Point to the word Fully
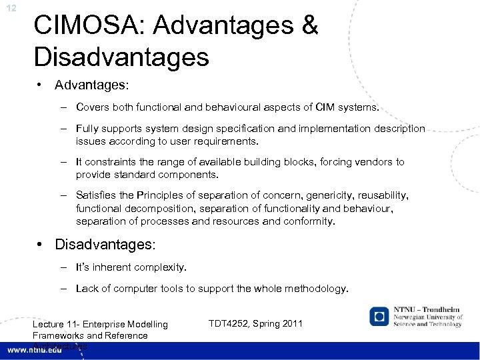tap(88, 128)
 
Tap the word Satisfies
tap(97, 195)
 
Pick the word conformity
tap(310, 221)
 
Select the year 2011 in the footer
tap(290, 323)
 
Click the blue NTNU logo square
tap(380, 317)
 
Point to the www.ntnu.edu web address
tap(35, 349)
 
